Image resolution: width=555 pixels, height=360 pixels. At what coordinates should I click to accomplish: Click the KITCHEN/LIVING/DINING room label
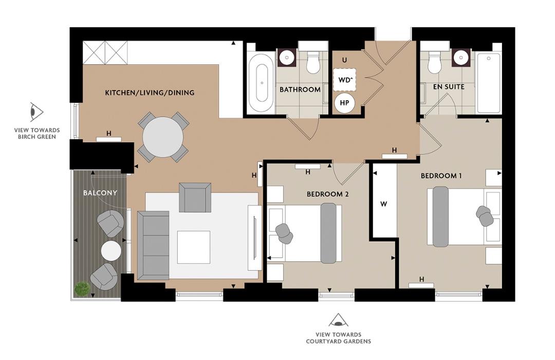150,93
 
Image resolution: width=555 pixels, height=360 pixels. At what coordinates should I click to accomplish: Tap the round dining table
163,137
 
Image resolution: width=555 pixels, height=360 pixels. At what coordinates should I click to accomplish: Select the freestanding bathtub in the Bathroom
261,82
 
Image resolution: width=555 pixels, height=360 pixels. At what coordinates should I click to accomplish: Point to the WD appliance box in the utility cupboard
344,80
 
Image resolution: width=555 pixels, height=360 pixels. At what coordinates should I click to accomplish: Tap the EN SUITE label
448,86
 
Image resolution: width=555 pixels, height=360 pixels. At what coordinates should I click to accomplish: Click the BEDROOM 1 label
441,175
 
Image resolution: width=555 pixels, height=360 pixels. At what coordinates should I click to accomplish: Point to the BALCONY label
100,193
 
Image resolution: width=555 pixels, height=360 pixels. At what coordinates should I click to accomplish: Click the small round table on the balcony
111,251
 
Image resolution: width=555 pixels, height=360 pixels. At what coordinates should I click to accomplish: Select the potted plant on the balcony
81,289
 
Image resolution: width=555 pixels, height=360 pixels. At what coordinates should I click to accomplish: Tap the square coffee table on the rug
193,247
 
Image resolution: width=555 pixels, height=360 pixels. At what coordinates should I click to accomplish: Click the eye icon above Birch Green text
36,112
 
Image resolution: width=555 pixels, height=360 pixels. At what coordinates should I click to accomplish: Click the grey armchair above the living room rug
195,197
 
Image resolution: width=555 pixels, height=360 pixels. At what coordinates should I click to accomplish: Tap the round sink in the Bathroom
287,58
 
